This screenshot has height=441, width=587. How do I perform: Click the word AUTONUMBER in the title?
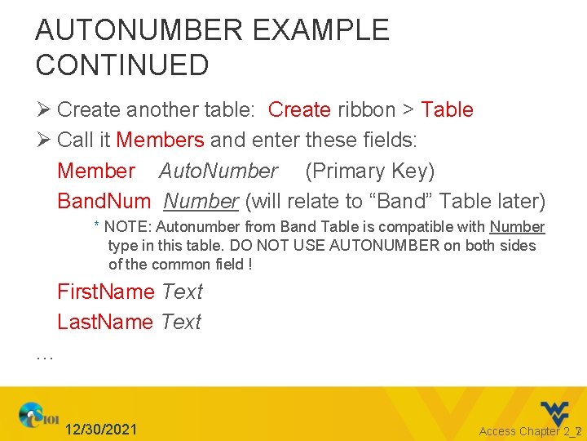[139, 31]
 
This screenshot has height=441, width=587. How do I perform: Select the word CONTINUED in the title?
[122, 65]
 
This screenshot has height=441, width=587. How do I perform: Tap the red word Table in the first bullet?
[447, 109]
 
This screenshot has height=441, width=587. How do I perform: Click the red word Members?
[160, 140]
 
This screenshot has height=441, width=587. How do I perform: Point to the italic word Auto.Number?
[218, 171]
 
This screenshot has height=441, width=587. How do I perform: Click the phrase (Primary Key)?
[369, 171]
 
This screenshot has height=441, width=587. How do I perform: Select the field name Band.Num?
[104, 201]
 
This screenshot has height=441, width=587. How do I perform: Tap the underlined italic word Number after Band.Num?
[201, 201]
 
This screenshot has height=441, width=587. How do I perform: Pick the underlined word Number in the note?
[517, 227]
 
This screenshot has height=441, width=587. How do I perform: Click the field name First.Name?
[106, 292]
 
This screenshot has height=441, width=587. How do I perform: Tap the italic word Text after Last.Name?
[181, 322]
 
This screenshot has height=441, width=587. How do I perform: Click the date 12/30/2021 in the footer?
[101, 430]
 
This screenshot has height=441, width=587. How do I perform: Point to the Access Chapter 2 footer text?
[525, 431]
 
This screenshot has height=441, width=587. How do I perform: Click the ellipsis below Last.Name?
[45, 355]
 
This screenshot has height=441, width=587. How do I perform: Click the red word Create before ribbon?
[299, 109]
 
